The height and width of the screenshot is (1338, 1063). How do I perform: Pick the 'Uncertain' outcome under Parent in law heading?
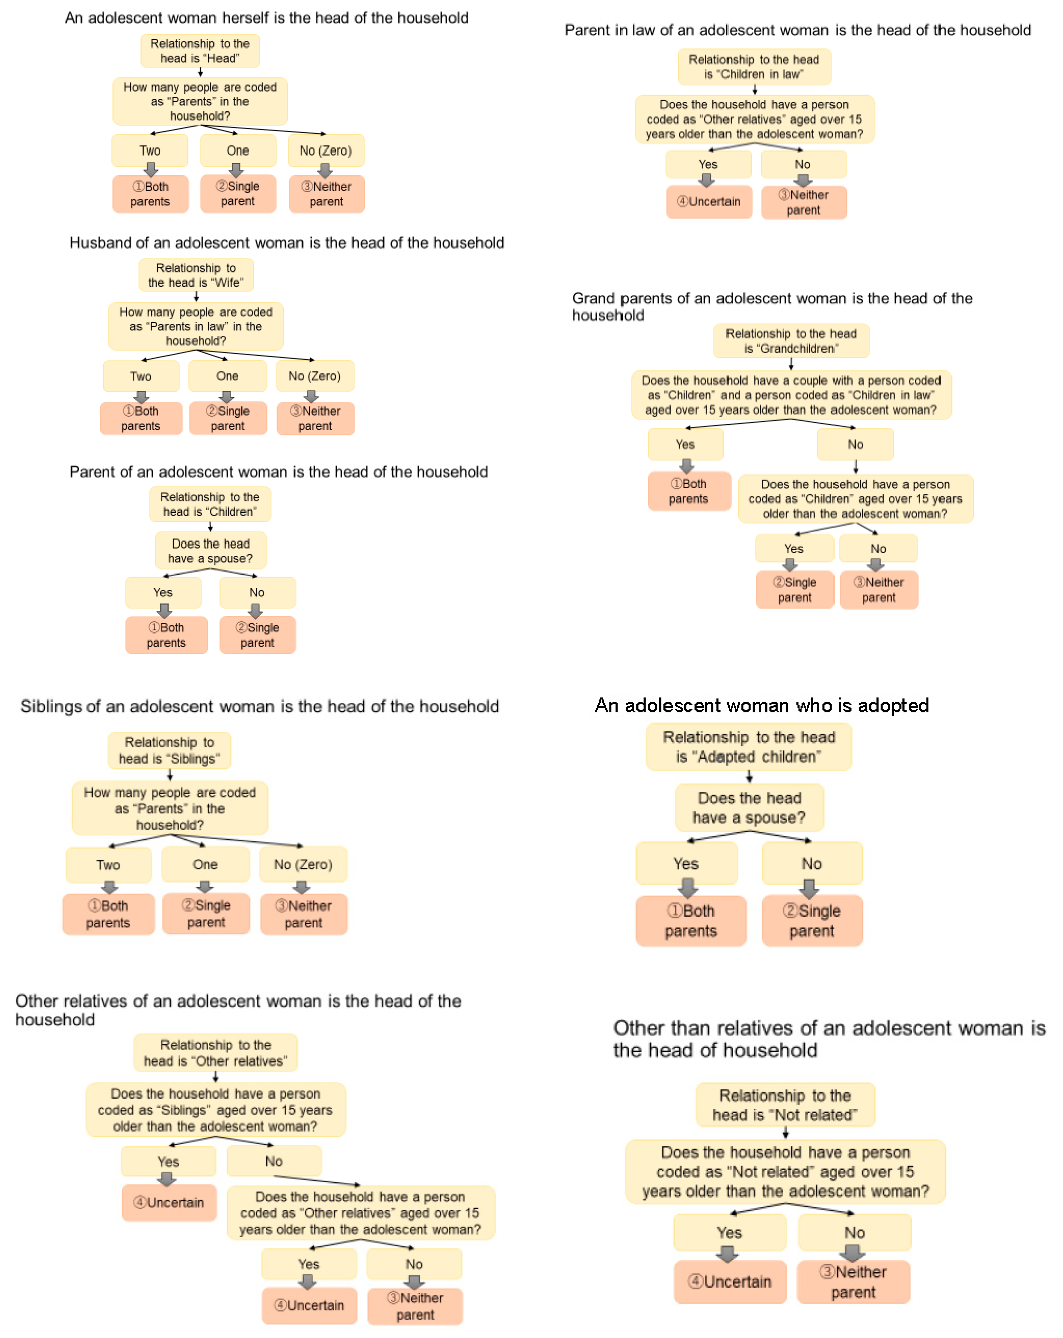(708, 202)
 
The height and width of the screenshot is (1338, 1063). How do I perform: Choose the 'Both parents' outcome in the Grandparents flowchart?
(689, 491)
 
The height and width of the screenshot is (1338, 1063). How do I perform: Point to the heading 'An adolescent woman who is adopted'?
(761, 706)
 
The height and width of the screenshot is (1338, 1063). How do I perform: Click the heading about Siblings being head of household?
(259, 706)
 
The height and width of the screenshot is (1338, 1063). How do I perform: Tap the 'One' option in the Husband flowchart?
(227, 376)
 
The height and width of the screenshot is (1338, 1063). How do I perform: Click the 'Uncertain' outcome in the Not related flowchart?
(730, 1281)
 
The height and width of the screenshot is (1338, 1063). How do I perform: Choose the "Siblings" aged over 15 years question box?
(215, 1110)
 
